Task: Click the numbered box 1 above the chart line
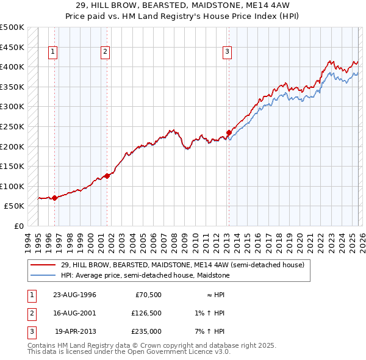click(x=54, y=52)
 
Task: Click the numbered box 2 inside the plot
click(x=106, y=52)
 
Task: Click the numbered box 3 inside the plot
click(x=227, y=52)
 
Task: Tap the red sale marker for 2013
click(x=229, y=132)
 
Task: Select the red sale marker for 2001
click(x=107, y=176)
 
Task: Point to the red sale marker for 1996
click(x=55, y=198)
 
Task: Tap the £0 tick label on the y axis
click(x=19, y=226)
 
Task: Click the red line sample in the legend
click(x=43, y=265)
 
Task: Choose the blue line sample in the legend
click(x=43, y=275)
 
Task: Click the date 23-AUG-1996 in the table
click(x=75, y=295)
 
